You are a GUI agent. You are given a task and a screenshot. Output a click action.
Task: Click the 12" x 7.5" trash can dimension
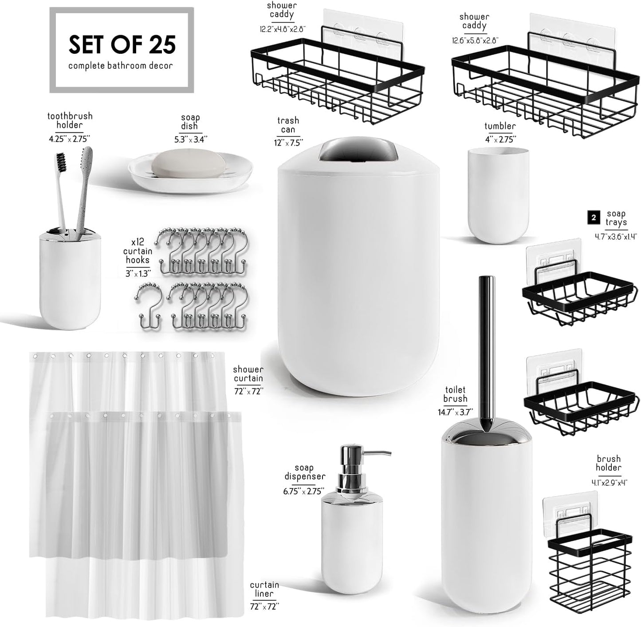(x=288, y=143)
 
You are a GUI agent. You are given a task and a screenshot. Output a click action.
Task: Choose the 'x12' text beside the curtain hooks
(x=138, y=242)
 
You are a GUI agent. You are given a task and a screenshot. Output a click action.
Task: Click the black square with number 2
(x=593, y=218)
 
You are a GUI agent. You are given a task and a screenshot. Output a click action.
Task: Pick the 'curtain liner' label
(x=264, y=589)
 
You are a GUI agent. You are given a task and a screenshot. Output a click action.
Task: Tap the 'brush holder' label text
(x=608, y=463)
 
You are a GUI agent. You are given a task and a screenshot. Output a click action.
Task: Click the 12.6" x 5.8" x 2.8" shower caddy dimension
(x=475, y=40)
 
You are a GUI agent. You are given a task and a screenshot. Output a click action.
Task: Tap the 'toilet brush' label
(x=455, y=394)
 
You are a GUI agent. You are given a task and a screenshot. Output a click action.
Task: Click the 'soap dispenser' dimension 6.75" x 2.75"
(x=304, y=491)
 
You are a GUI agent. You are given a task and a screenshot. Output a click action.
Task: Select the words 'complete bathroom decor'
(x=121, y=66)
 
